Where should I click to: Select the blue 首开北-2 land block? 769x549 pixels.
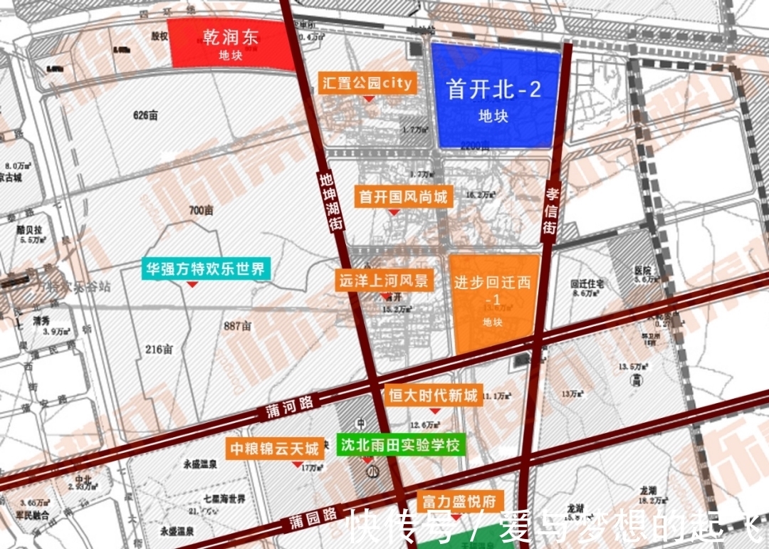(x=493, y=96)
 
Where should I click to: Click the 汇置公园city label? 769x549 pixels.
(x=367, y=83)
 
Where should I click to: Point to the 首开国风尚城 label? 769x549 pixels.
(x=403, y=196)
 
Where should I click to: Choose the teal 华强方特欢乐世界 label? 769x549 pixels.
(x=205, y=268)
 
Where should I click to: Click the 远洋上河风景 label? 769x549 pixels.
(x=384, y=280)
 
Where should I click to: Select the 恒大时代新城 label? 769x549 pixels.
(x=433, y=396)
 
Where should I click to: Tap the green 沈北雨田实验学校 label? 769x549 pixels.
(x=400, y=446)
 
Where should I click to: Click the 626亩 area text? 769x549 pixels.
(x=145, y=115)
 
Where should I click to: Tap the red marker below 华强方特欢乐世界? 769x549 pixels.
(x=192, y=285)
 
